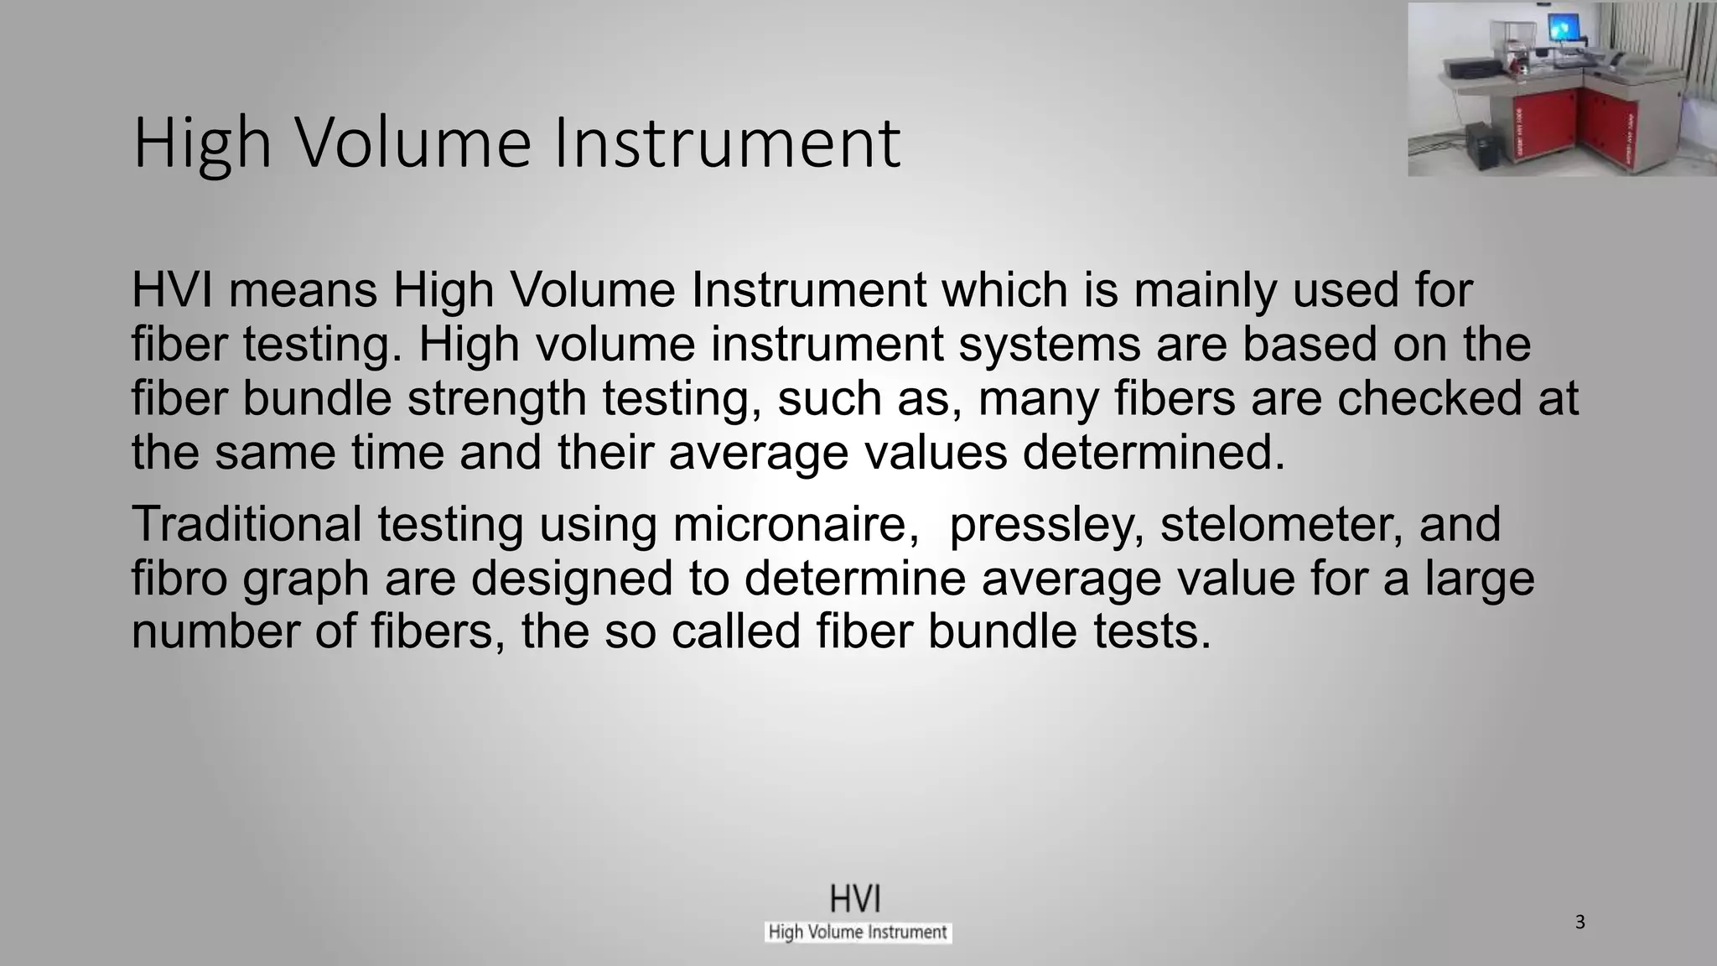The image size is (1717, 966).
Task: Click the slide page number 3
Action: click(x=1580, y=922)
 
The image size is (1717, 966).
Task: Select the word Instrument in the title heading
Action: click(x=726, y=143)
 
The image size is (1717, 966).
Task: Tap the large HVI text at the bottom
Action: click(x=855, y=899)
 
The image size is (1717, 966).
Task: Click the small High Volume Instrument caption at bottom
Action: click(x=858, y=932)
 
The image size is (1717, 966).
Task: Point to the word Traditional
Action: click(x=246, y=524)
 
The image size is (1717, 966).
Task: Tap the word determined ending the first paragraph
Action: click(x=1154, y=453)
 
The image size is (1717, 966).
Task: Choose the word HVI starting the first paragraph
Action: click(x=172, y=290)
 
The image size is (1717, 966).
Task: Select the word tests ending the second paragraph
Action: click(x=1152, y=631)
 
